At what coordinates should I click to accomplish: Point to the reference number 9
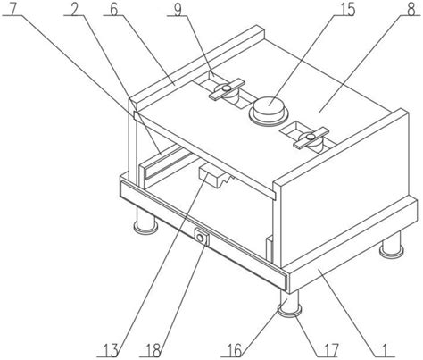[178, 9]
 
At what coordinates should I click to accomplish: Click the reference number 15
[345, 9]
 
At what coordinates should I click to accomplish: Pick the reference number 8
[411, 9]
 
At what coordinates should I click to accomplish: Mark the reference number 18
[153, 350]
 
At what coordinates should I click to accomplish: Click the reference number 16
[235, 350]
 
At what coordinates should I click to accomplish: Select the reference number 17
[331, 350]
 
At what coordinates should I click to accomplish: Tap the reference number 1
[385, 350]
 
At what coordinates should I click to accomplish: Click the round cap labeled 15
[269, 110]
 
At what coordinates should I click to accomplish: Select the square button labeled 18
[201, 238]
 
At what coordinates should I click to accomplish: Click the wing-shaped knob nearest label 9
[227, 89]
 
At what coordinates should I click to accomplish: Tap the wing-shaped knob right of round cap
[311, 138]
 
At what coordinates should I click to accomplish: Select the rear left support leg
[145, 220]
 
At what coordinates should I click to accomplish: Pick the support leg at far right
[392, 244]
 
